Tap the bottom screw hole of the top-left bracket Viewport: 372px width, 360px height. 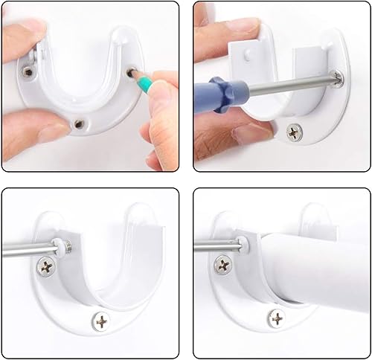point(77,121)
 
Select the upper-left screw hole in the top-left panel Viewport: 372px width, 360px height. point(27,72)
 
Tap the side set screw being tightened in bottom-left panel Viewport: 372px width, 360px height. point(65,245)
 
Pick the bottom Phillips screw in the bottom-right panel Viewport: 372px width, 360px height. point(276,320)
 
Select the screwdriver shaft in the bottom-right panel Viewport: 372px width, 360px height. point(216,245)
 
